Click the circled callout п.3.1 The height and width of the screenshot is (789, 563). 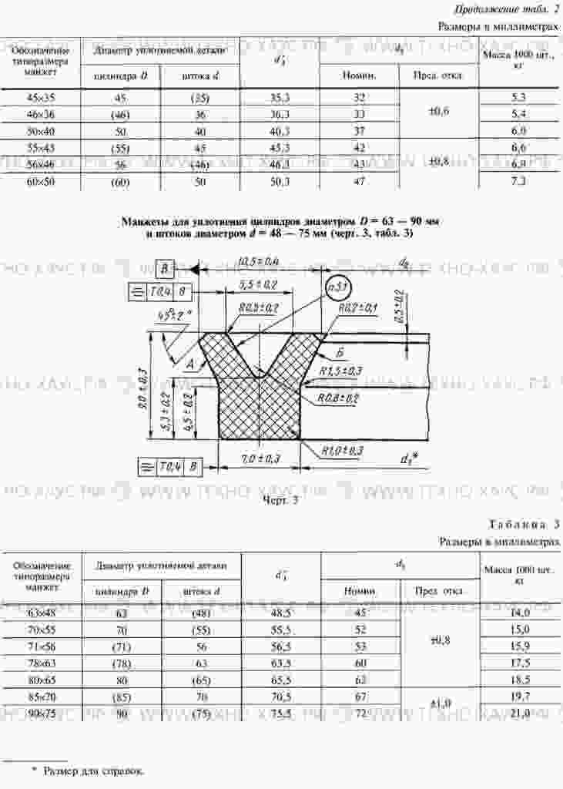click(x=338, y=287)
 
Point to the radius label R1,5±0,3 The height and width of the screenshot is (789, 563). click(x=340, y=371)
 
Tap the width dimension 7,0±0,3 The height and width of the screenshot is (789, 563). click(x=260, y=458)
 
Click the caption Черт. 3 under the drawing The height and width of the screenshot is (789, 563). click(x=280, y=499)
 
